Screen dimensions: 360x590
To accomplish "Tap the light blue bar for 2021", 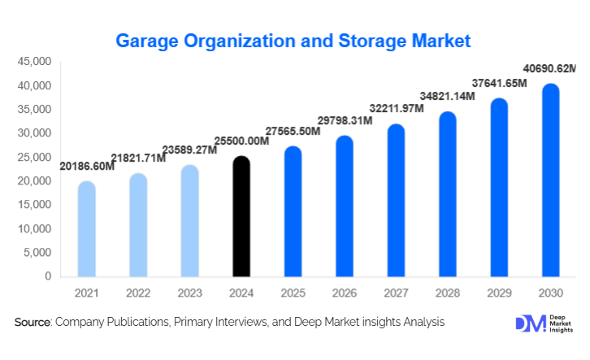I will click(x=87, y=228).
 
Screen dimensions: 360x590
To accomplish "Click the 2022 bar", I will click(x=138, y=224).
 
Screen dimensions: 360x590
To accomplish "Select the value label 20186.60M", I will click(x=87, y=167).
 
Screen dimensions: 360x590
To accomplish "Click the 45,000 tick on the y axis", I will click(x=34, y=62).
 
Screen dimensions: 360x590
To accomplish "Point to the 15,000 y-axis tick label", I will click(x=34, y=205).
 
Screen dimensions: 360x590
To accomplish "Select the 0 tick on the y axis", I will click(x=48, y=276).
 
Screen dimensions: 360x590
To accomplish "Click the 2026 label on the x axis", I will click(x=345, y=293).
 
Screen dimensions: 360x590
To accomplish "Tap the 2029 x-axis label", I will click(x=499, y=293).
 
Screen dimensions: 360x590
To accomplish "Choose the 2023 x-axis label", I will click(x=190, y=293).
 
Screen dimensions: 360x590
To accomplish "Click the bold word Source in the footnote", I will click(x=33, y=323).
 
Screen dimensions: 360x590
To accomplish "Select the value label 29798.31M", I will click(x=345, y=121).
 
